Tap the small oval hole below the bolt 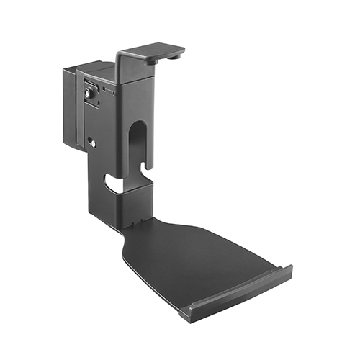coord(92,142)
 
